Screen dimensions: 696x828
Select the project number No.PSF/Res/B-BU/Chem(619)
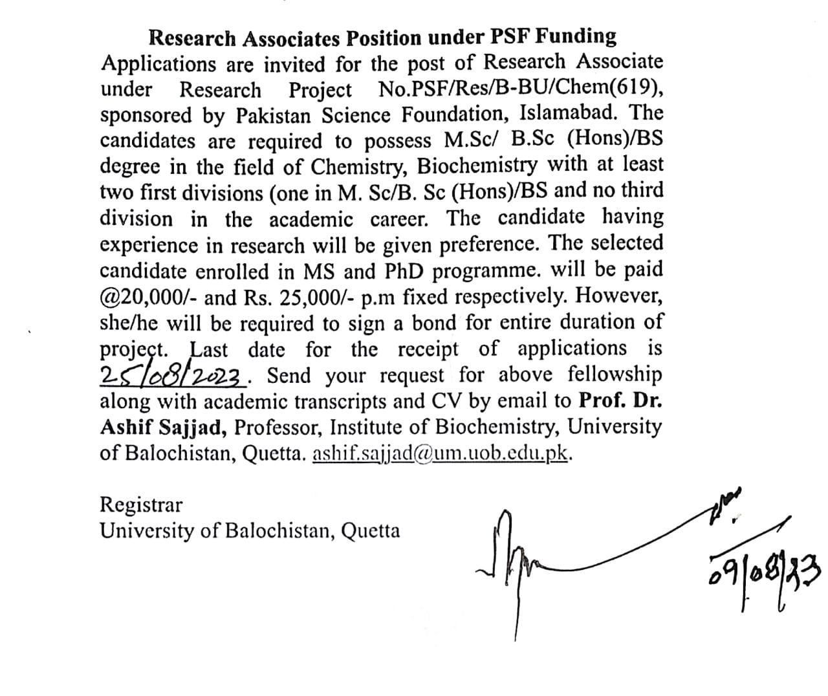tap(521, 89)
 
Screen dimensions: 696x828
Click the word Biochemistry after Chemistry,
tap(477, 166)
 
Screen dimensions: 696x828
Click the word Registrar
tap(141, 505)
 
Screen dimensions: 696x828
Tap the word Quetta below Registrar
tap(370, 532)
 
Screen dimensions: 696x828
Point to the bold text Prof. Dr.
tap(620, 401)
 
